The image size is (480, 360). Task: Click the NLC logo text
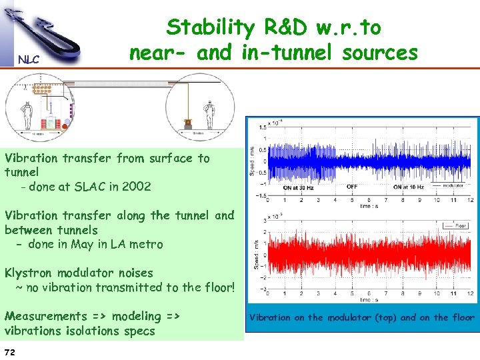pos(29,59)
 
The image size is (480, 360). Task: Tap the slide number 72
pos(10,351)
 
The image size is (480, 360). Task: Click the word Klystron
pos(29,273)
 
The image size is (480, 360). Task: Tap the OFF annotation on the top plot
pos(351,187)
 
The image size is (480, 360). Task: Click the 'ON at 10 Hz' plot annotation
pos(409,187)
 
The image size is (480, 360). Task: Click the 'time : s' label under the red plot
pos(368,301)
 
